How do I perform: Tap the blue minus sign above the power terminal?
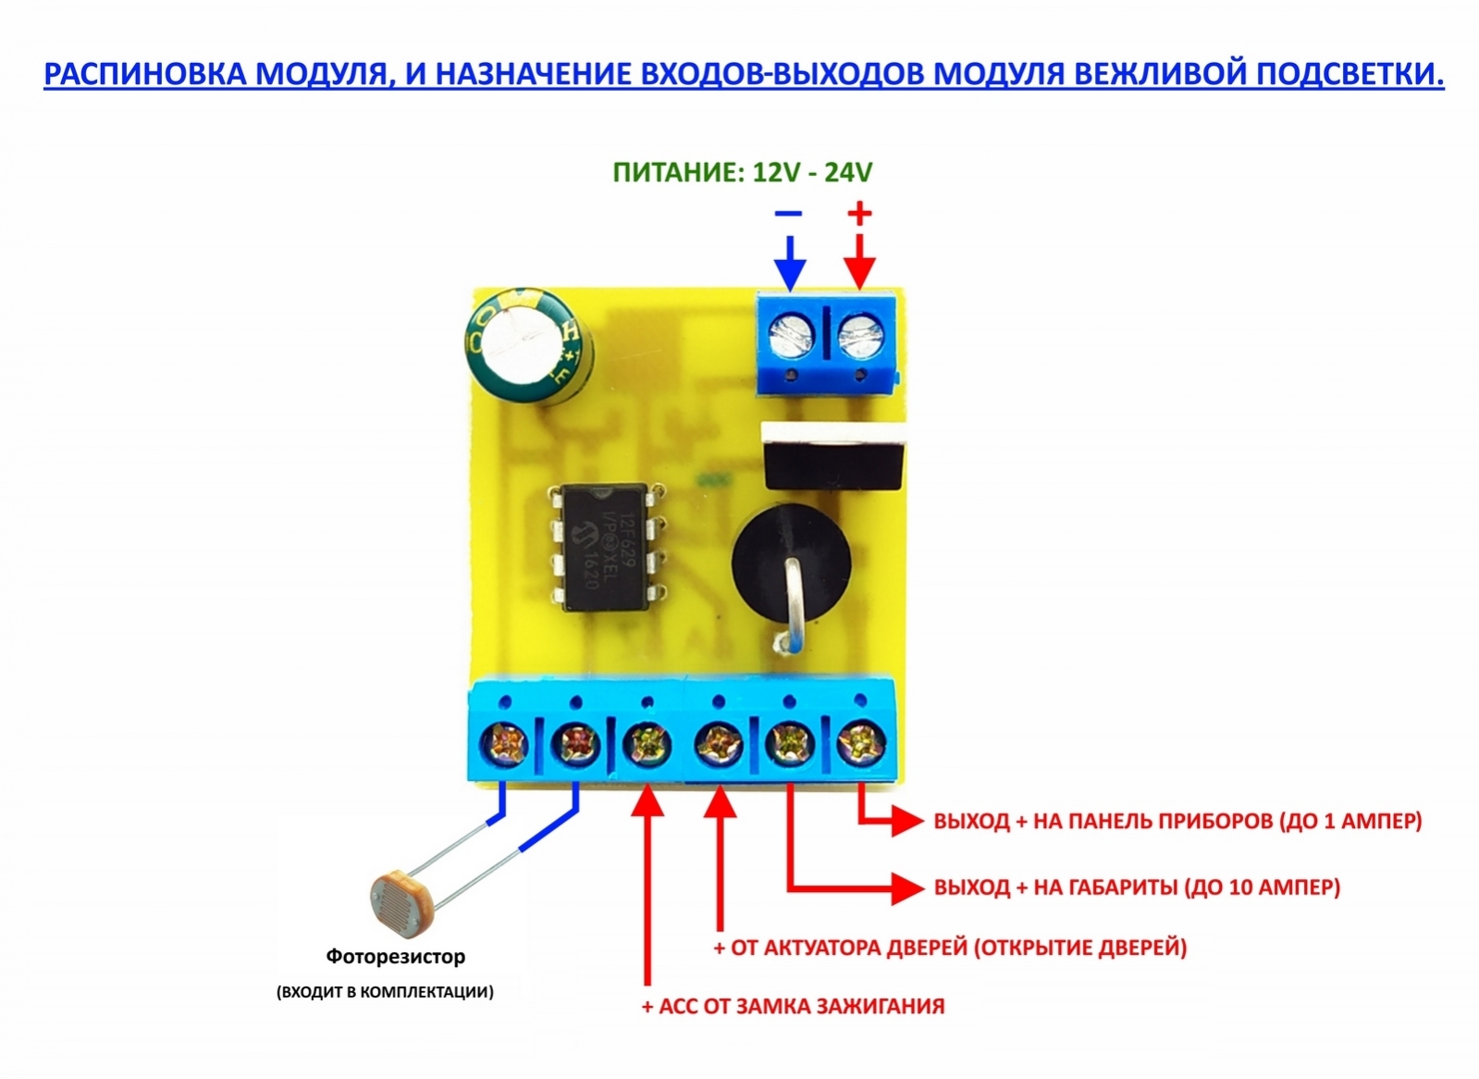point(788,214)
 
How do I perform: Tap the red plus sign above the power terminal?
point(859,214)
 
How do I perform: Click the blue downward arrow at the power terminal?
point(789,264)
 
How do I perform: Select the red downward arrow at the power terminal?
point(859,264)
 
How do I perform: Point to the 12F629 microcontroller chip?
point(605,546)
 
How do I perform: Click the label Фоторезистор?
point(395,956)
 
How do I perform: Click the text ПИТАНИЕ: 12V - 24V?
point(742,172)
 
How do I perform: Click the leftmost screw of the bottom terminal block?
point(504,743)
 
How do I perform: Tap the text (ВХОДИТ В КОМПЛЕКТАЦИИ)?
point(385,992)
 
